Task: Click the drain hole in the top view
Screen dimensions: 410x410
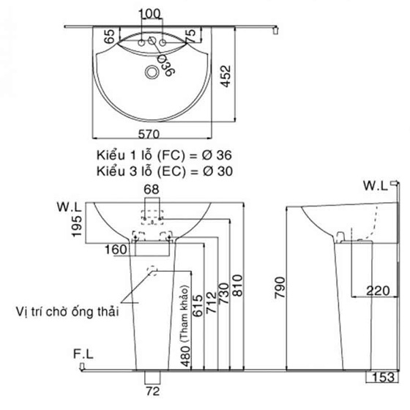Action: (152, 72)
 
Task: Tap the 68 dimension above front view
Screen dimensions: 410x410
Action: (151, 190)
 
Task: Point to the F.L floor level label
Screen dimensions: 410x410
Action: (83, 354)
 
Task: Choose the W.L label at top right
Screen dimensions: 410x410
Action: (376, 186)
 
